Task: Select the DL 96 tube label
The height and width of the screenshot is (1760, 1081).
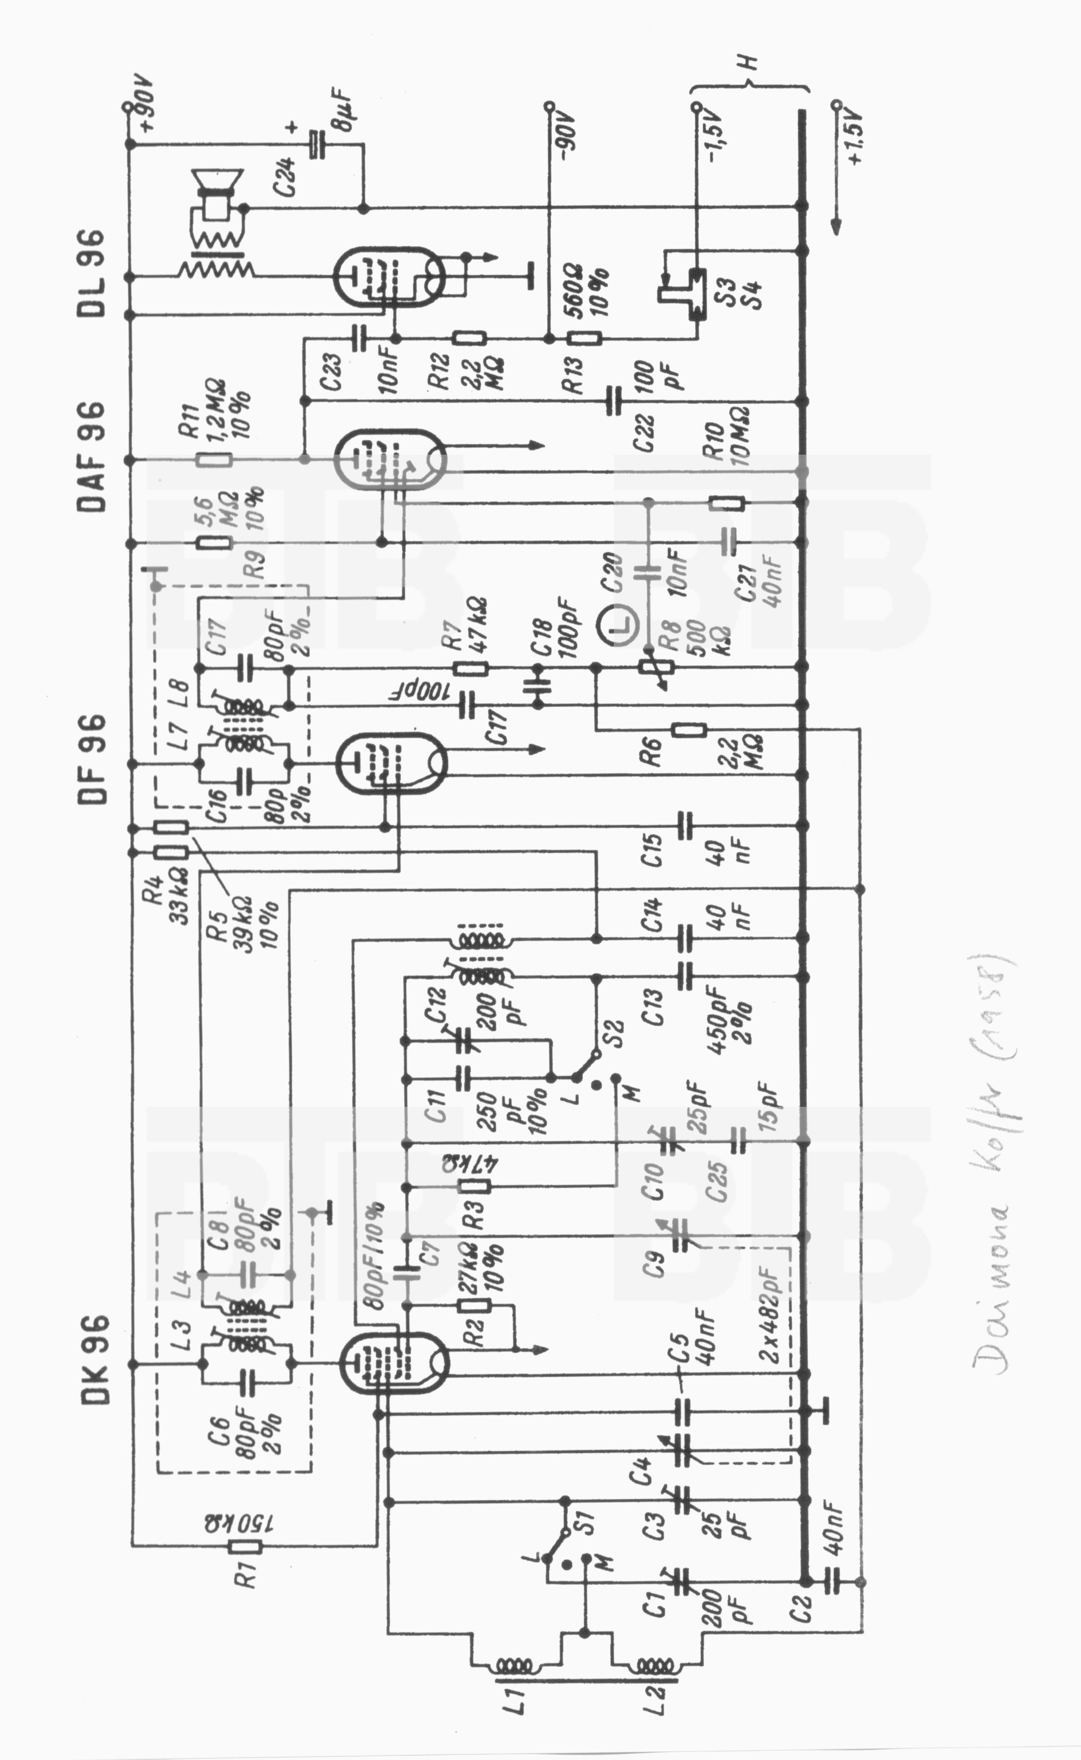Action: pos(91,273)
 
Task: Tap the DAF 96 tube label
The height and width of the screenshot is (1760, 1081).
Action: pos(91,457)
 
